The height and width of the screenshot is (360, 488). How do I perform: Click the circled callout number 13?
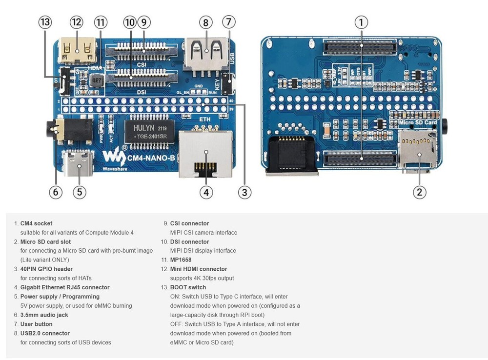tap(45, 22)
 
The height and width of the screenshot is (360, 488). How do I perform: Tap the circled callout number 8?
tap(205, 22)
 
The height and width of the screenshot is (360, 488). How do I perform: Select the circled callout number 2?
tap(419, 192)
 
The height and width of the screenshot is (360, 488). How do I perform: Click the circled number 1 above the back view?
tap(361, 22)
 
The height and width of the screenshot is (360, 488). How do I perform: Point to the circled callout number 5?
tap(80, 192)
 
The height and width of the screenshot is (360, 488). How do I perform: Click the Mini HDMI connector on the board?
tap(77, 51)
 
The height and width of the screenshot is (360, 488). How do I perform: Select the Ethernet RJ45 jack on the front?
tap(206, 153)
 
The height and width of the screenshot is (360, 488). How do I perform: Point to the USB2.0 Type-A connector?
tap(205, 52)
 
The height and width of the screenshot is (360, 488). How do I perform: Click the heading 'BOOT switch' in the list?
tap(188, 287)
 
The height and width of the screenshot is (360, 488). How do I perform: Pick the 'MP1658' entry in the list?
tap(181, 260)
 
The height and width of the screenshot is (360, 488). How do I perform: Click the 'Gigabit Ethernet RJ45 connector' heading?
tap(65, 287)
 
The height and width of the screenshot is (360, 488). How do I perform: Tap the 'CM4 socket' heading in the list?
tap(36, 223)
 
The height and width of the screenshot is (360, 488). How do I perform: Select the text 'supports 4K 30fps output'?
tap(202, 278)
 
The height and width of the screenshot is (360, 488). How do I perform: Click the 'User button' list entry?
tap(36, 324)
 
